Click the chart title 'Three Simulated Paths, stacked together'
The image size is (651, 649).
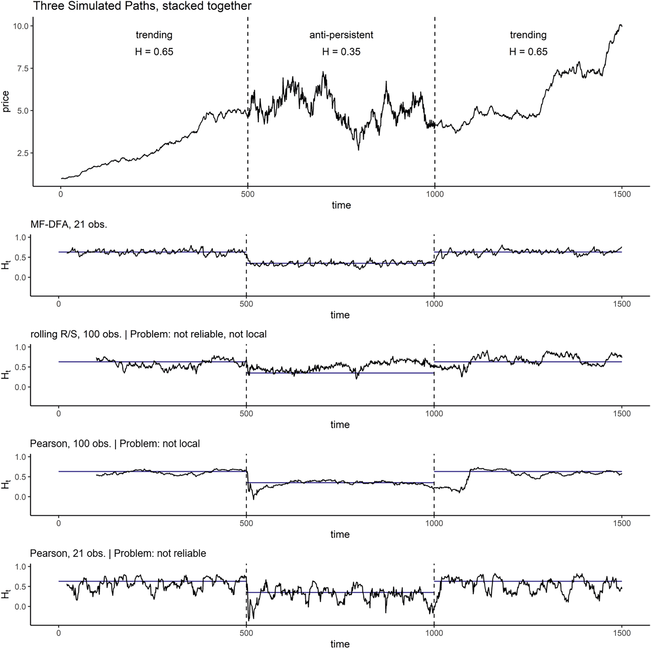142,6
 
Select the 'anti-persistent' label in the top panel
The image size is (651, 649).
341,35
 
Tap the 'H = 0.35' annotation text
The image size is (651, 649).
341,52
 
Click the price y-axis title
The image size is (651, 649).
6,102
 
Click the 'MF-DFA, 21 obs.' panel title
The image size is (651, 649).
69,224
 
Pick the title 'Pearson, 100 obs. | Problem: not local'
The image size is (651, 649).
115,444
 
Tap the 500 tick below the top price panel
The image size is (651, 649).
247,194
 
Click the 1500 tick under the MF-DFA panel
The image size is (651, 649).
622,304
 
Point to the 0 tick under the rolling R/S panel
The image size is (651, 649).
59,414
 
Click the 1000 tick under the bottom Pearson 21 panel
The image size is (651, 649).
434,633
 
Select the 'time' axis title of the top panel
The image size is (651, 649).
341,205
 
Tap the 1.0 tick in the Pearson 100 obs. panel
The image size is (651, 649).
21,457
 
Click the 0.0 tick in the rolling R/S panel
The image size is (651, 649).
21,387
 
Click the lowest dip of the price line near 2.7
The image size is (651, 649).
358,150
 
